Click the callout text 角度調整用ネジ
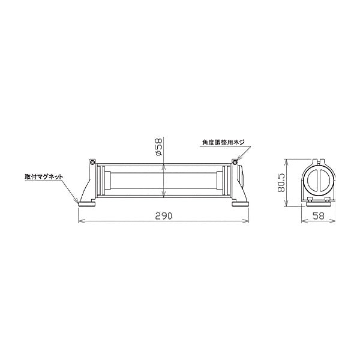pos(223,143)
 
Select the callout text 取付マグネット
pos(44,177)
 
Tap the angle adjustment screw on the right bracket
pos(235,161)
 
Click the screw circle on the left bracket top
pos(92,161)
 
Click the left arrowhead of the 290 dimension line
pos(81,221)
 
